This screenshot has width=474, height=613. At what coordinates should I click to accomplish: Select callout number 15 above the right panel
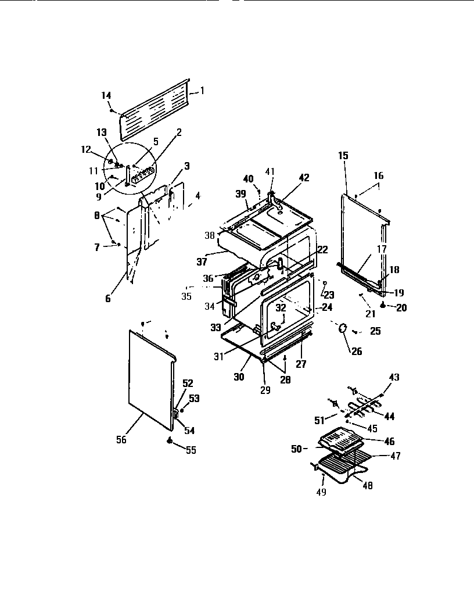click(343, 155)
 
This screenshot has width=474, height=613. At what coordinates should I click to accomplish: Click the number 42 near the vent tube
click(304, 178)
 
